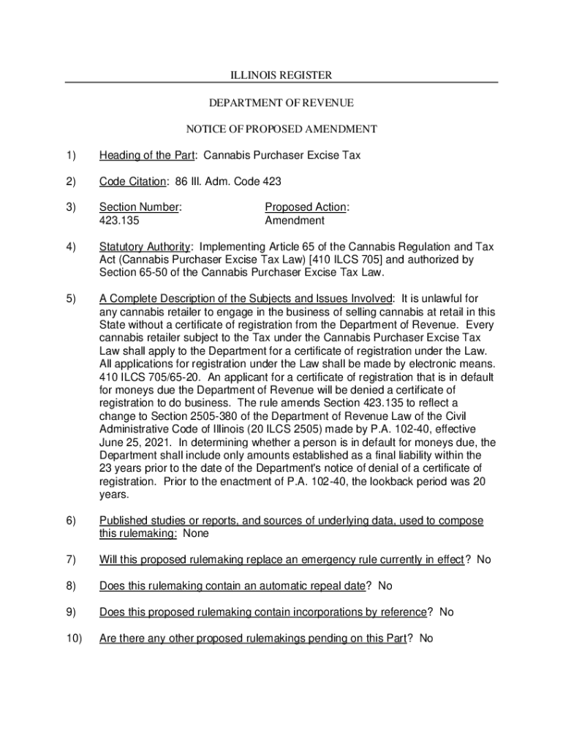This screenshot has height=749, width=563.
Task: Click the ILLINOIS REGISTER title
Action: point(281,75)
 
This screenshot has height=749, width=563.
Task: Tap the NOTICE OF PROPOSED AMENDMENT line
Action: point(281,129)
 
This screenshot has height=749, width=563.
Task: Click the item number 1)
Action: point(71,156)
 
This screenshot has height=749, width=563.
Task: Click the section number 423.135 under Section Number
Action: point(119,220)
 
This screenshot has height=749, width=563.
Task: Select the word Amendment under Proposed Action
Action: point(295,220)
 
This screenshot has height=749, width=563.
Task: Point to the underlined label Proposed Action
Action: point(306,207)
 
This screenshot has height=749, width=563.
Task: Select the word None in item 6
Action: point(195,533)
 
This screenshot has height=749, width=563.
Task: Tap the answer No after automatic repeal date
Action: point(385,585)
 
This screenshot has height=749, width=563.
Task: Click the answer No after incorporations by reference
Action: point(446,611)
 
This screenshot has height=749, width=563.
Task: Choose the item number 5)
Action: point(71,298)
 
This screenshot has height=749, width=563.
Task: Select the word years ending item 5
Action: point(113,494)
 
